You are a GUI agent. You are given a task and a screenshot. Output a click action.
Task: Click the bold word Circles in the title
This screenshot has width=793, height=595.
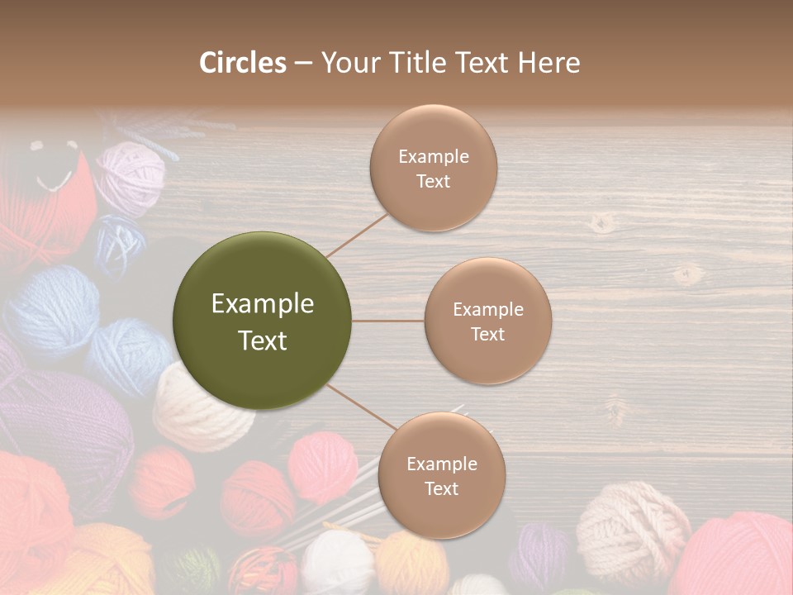[242, 63]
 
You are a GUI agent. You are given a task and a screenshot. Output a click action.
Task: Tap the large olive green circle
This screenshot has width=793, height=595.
[262, 321]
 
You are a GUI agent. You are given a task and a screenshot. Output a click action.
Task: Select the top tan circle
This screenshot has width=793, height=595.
[433, 168]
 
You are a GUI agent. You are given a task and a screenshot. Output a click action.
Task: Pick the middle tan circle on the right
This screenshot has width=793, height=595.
[487, 321]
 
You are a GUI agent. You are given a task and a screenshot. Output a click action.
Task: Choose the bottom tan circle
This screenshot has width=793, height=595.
[441, 475]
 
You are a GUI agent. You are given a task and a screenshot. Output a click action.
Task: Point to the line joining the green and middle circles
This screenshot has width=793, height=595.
[387, 321]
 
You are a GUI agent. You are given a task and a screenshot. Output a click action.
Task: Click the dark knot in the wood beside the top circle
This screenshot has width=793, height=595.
[602, 221]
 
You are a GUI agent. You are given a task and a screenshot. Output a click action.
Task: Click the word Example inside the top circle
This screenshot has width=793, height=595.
[433, 157]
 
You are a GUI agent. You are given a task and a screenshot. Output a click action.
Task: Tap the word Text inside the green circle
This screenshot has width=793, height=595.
[262, 340]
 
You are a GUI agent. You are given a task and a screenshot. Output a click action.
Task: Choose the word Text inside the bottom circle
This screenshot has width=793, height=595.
[441, 488]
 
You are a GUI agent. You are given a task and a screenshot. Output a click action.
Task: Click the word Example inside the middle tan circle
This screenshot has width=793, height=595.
[487, 310]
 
